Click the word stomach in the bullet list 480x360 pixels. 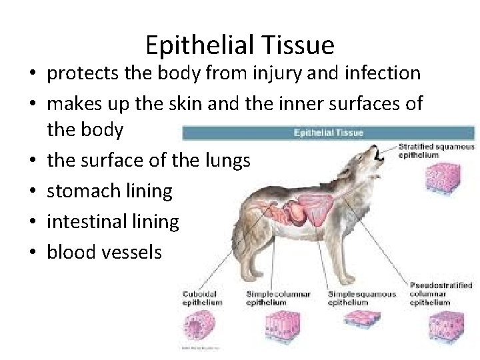click(83, 191)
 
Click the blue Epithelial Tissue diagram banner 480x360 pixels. click(328, 132)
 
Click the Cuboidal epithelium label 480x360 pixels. click(202, 298)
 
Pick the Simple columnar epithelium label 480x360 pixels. click(278, 298)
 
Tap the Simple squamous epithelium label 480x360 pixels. click(362, 298)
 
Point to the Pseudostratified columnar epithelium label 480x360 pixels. click(441, 294)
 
